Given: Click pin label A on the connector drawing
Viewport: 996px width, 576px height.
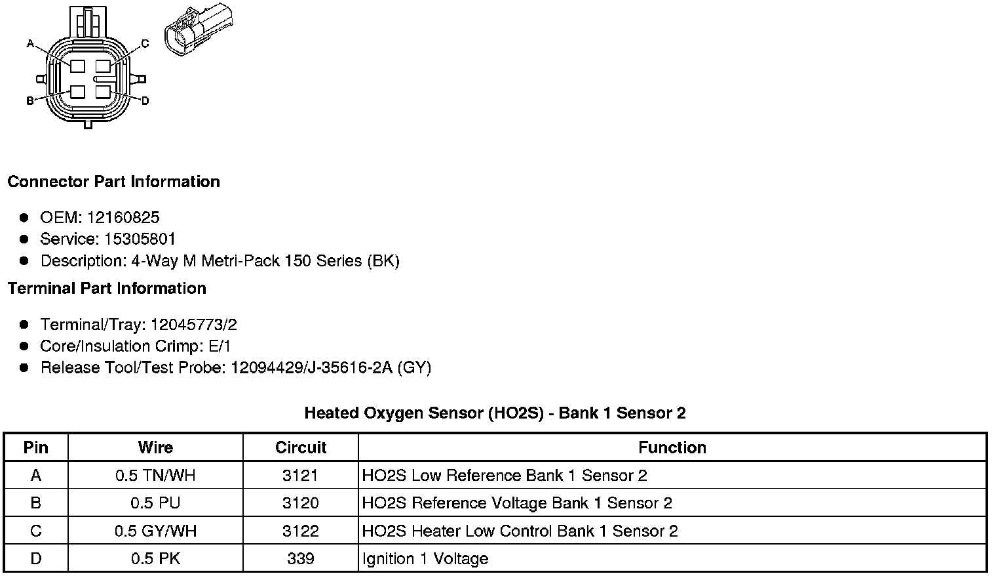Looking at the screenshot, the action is coord(30,44).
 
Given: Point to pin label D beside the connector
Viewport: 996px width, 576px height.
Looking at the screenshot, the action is coord(145,100).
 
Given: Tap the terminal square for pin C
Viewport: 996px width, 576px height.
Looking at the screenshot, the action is coord(102,66).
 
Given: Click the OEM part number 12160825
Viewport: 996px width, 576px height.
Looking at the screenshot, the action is coord(123,218).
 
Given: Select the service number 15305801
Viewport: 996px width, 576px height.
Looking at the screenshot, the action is coord(140,239).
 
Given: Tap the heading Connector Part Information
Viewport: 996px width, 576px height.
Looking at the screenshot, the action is coord(113,182).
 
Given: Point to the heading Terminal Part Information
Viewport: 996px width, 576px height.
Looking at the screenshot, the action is coord(107,289).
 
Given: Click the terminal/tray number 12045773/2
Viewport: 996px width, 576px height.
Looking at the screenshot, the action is coord(193,325).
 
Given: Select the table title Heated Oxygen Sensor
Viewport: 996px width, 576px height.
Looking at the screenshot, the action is coord(495,413).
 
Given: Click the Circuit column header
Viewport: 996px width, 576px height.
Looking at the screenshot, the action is coord(301,447).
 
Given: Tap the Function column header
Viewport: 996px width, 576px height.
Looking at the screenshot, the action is coord(672,447).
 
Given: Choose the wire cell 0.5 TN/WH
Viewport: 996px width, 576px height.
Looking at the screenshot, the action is coord(155,476).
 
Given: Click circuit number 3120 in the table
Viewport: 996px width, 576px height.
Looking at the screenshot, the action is coord(301,503).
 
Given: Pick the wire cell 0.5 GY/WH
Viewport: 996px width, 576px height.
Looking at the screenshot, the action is coord(155,531).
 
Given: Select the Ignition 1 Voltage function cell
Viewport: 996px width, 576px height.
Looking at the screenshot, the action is coord(425,559).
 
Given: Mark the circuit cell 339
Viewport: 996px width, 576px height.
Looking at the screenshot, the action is coord(301,559).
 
